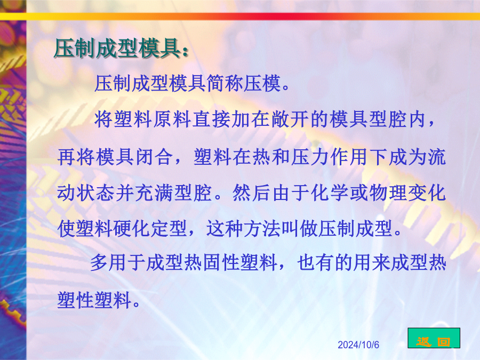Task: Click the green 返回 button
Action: (434, 338)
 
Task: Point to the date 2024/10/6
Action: (358, 345)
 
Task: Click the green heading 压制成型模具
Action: (117, 49)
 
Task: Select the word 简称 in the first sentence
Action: (225, 83)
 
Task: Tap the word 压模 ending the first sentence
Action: (262, 83)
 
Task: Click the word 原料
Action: (173, 119)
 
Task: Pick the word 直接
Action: (212, 119)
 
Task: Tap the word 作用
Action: (349, 157)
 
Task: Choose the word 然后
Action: (251, 193)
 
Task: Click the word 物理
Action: (388, 193)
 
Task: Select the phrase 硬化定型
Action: (150, 229)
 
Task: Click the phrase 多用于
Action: (118, 263)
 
